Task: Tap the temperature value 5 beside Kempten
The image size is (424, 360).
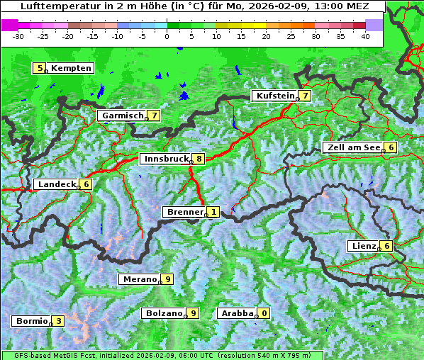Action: coord(40,68)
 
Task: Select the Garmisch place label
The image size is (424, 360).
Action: coord(122,116)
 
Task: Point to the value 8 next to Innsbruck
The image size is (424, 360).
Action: coord(200,159)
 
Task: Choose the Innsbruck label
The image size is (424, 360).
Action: coord(164,159)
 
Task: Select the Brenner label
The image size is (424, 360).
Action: coord(184,212)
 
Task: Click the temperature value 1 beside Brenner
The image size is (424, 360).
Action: coord(213,212)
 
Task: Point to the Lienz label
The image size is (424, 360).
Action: coord(362,246)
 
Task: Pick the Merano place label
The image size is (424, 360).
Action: coord(138,279)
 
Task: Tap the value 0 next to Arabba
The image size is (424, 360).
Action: coord(264,313)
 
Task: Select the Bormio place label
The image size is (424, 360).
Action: coord(31,321)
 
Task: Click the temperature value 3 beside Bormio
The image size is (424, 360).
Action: coord(59,321)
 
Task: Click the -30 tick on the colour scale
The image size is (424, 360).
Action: coord(18,35)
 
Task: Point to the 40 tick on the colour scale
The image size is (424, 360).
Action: coord(366,35)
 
